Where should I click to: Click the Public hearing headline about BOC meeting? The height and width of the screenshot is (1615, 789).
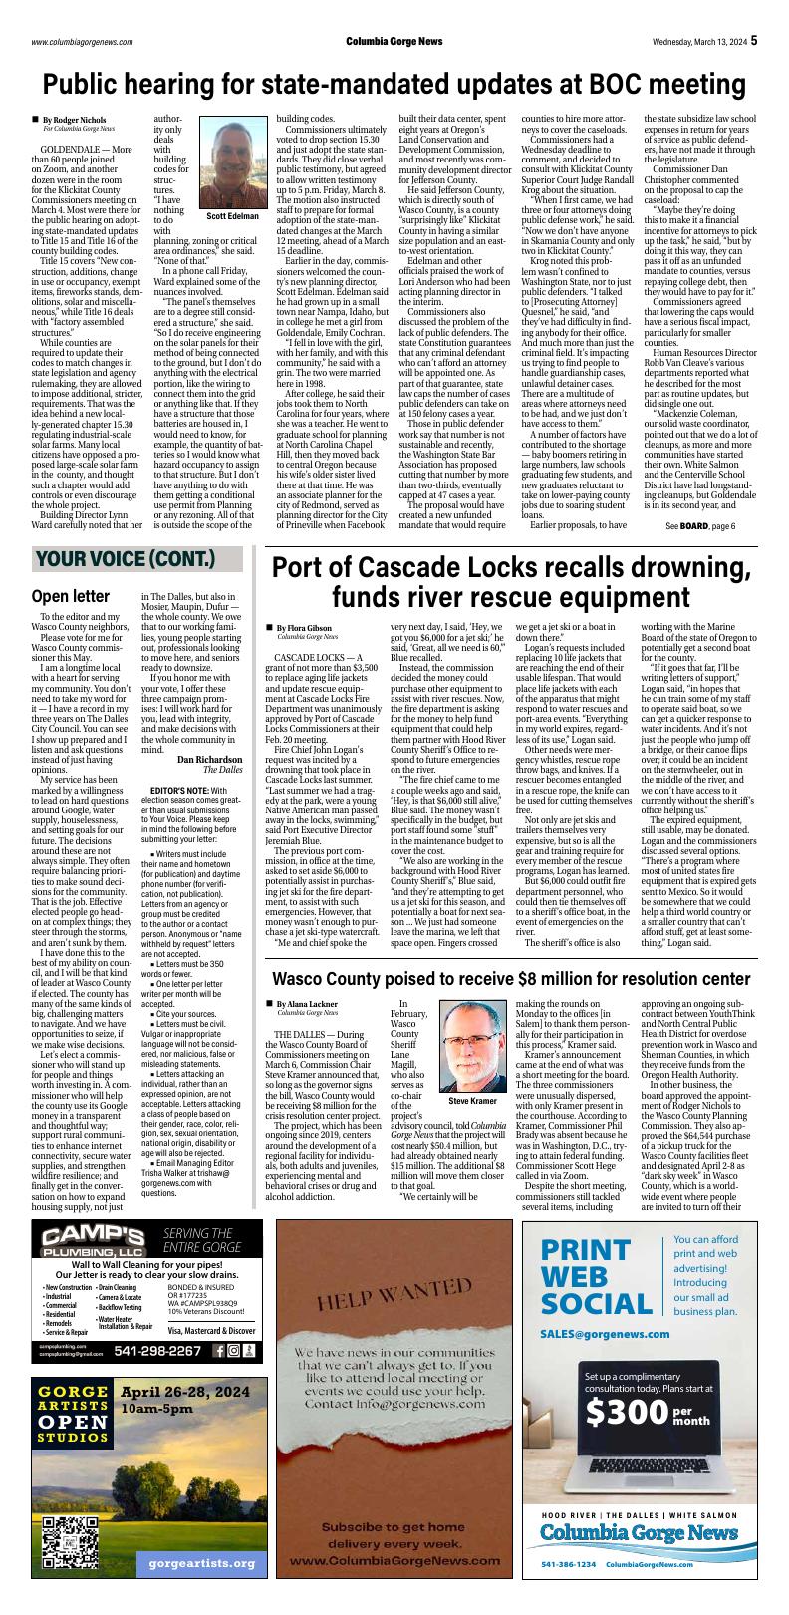[394, 82]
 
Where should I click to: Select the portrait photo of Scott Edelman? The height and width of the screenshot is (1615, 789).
[232, 162]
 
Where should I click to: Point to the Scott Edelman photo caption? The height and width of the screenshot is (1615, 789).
[232, 215]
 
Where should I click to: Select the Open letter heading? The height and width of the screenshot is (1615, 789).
[71, 597]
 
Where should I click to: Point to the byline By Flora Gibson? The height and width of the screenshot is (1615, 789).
[304, 628]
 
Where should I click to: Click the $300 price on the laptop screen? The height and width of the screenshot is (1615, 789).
[625, 1441]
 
